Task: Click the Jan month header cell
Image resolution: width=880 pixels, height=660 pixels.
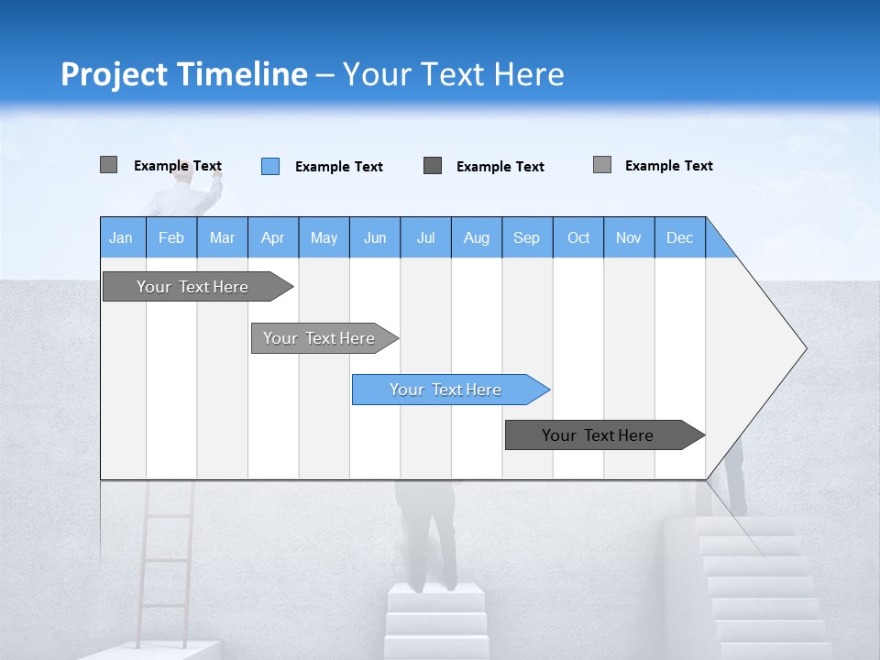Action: pos(122,237)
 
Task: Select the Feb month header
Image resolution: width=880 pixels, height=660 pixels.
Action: pos(171,237)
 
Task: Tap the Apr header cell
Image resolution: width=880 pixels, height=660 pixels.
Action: pos(273,237)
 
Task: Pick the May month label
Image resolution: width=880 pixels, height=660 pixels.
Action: pos(324,237)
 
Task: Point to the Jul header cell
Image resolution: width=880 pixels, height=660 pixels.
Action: pos(425,237)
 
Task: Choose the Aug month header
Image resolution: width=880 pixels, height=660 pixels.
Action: pos(477,237)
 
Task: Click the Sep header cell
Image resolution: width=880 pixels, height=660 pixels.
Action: pos(527,237)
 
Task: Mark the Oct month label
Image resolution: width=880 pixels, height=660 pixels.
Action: pos(578,237)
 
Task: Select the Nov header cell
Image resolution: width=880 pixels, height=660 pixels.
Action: pos(629,237)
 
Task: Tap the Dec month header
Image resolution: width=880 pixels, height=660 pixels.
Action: pos(680,237)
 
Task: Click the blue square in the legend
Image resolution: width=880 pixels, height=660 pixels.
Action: pos(270,166)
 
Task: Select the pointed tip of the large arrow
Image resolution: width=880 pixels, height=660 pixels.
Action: pos(803,348)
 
